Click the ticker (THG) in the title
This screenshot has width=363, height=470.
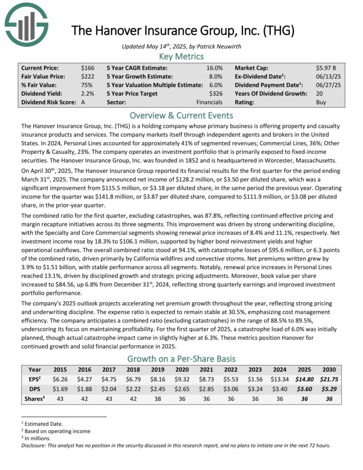(276, 30)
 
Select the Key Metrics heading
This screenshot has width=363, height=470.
(181, 56)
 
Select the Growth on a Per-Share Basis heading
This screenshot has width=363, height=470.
(181, 359)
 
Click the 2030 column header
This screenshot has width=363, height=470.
(329, 369)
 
